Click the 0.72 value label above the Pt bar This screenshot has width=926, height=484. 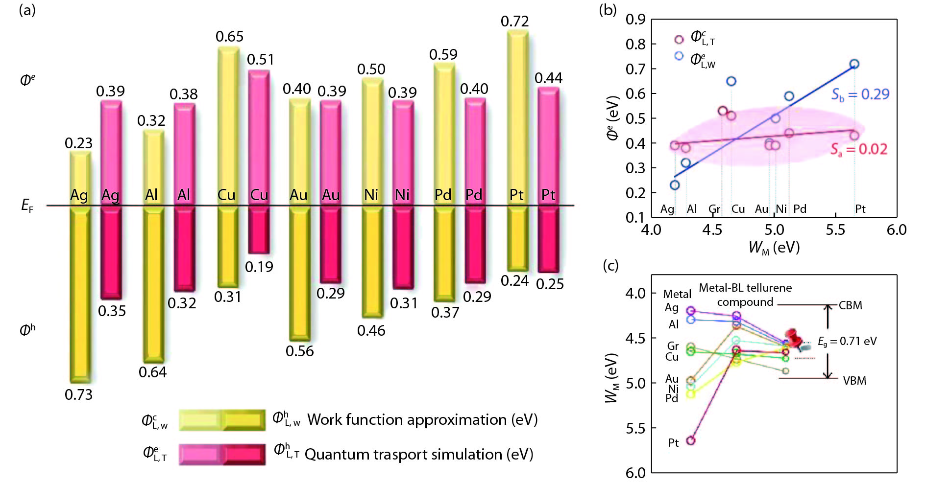(x=514, y=22)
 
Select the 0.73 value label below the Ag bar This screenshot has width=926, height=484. (x=78, y=394)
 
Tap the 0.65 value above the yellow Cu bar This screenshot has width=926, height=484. (x=229, y=37)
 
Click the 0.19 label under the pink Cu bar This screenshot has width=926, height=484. (x=259, y=267)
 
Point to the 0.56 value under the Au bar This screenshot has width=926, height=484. (x=299, y=351)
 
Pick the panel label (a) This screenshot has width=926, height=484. (x=27, y=10)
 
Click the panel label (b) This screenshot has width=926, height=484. (x=608, y=10)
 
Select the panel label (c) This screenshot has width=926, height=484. (x=610, y=265)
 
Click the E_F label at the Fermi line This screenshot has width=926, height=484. (x=27, y=206)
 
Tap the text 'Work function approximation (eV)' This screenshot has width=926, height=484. (x=422, y=419)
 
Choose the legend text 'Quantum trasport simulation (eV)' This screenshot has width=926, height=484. (x=419, y=454)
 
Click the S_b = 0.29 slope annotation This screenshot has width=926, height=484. (x=860, y=94)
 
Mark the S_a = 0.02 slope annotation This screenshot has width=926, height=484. (x=858, y=149)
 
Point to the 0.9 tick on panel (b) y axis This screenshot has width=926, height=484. (x=635, y=20)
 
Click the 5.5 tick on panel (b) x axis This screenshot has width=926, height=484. (x=835, y=230)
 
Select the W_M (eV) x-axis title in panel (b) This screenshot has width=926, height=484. (x=774, y=248)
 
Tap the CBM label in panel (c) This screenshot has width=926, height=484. (x=850, y=305)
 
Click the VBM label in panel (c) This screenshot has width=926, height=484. (x=854, y=381)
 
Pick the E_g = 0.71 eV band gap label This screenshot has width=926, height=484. (x=847, y=342)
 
